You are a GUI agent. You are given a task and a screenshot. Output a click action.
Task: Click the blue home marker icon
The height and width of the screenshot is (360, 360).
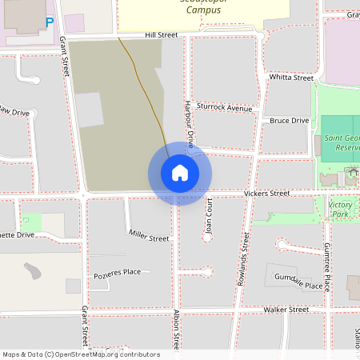[x=179, y=172]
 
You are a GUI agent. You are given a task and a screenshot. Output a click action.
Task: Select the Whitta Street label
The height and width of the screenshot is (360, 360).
[x=291, y=78]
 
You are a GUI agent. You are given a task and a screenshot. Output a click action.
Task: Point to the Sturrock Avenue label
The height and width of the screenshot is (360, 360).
[x=225, y=108]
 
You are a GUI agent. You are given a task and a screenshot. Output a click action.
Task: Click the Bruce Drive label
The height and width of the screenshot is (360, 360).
[x=289, y=121]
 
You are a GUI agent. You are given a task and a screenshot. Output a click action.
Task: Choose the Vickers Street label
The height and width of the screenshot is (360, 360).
[x=266, y=194]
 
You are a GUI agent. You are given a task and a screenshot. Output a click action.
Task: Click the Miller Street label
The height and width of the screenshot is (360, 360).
[x=149, y=235]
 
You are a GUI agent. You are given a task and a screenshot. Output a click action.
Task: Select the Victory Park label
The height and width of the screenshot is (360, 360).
[x=340, y=210]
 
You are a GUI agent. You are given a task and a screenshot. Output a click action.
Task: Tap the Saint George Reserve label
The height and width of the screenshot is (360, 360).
[x=342, y=143]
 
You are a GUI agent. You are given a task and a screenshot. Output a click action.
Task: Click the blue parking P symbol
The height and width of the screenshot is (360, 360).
[x=49, y=22]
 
